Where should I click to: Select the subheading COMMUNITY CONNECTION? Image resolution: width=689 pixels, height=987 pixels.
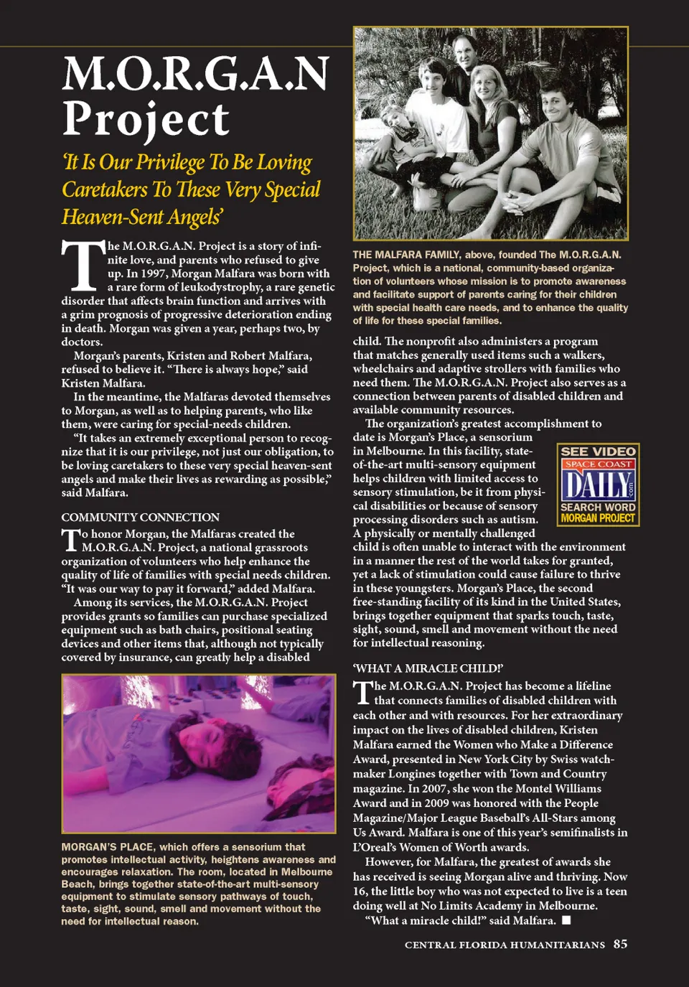click(x=140, y=517)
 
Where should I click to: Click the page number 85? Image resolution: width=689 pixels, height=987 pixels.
click(x=620, y=944)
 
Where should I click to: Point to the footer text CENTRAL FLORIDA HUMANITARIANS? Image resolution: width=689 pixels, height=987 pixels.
click(x=505, y=945)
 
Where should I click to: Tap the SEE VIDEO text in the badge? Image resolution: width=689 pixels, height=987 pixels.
click(x=598, y=452)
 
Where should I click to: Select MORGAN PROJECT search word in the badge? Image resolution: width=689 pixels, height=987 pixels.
click(x=598, y=518)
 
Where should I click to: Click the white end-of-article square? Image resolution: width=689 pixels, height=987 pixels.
click(x=566, y=920)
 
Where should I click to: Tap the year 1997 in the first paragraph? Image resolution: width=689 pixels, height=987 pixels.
click(x=156, y=273)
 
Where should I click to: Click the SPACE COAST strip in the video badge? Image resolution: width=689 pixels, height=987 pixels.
click(x=598, y=464)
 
